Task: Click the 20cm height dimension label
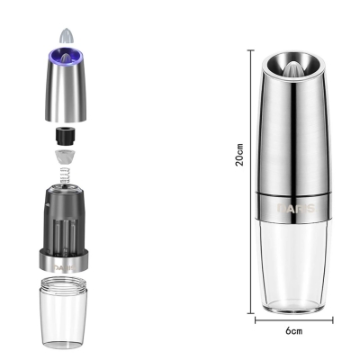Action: [x=239, y=155]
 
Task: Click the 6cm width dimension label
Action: [x=293, y=331]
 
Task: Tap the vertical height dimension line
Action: [x=251, y=182]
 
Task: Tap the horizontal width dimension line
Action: [x=294, y=320]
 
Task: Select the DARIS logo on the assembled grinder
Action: [x=296, y=208]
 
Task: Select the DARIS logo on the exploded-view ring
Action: [x=65, y=267]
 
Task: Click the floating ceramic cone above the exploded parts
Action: [x=67, y=35]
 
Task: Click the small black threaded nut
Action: [x=65, y=135]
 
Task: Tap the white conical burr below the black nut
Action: [x=65, y=157]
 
